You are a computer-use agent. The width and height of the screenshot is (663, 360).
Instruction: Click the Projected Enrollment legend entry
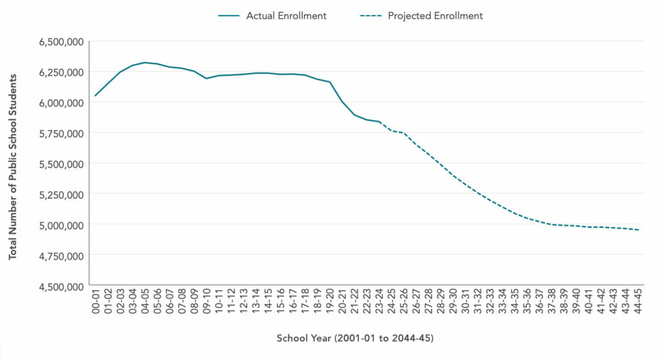click(x=435, y=16)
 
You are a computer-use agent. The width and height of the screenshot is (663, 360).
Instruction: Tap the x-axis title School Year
click(x=355, y=339)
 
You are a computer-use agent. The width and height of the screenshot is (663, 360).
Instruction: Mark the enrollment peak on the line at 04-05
click(x=145, y=62)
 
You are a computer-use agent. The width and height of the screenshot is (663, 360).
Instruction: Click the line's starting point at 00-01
click(x=96, y=96)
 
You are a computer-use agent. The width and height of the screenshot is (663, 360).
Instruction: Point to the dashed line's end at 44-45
click(x=638, y=230)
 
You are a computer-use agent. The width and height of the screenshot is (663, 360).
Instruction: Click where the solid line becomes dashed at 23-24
click(x=379, y=122)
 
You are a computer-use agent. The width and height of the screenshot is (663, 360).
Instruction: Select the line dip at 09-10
click(x=207, y=78)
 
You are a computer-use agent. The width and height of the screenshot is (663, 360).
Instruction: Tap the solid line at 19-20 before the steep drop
click(x=330, y=82)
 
